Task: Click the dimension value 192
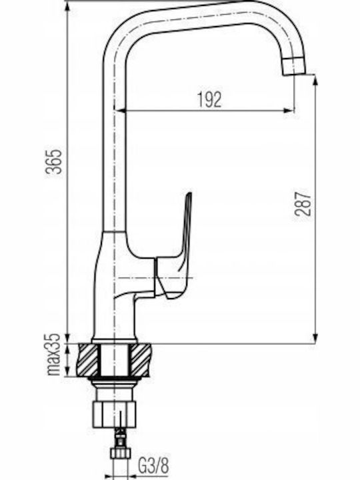tap(209, 99)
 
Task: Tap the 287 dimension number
tap(303, 204)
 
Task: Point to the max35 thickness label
tap(53, 354)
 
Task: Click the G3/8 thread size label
tap(153, 466)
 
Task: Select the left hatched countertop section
tap(90, 360)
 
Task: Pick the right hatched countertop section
tap(140, 360)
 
